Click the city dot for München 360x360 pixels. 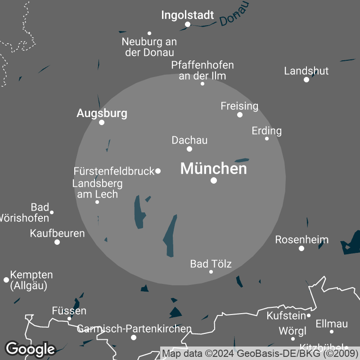click(214, 180)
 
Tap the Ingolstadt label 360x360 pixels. click(188, 15)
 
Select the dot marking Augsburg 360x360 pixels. click(102, 122)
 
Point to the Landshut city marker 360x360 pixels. click(306, 80)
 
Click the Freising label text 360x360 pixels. click(239, 106)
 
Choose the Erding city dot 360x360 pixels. click(267, 139)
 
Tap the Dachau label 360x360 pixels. click(189, 140)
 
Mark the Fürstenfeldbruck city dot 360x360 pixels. click(158, 171)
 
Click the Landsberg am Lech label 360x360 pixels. click(97, 189)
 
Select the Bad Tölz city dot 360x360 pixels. click(211, 271)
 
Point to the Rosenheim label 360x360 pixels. click(301, 239)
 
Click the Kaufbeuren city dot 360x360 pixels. click(57, 242)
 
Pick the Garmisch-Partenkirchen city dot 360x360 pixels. click(133, 337)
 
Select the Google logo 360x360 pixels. click(30, 349)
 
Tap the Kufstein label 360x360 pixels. click(286, 315)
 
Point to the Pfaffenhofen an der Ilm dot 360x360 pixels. click(202, 84)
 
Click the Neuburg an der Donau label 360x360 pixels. click(149, 47)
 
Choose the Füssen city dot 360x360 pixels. click(69, 319)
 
